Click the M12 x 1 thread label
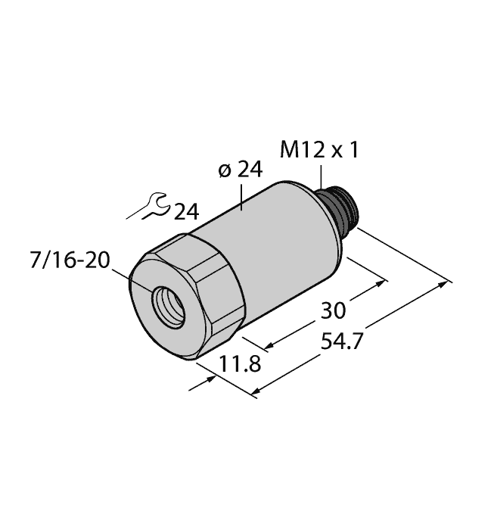(318, 151)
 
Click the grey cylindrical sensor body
(280, 242)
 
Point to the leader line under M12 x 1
(321, 176)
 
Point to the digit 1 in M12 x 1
(353, 151)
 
